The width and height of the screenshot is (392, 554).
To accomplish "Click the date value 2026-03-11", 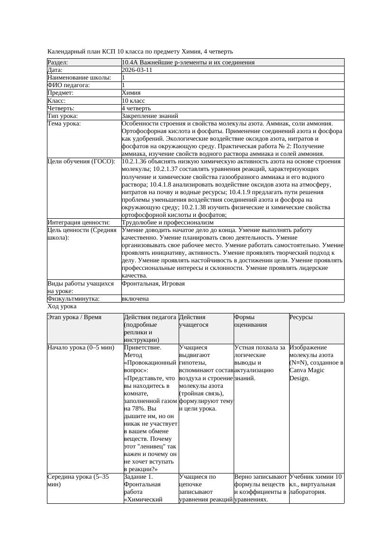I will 137,70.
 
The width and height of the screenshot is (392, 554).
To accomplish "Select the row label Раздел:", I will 58,63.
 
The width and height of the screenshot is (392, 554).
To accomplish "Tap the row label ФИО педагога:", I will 69,85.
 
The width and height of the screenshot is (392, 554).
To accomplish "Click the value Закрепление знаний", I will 150,116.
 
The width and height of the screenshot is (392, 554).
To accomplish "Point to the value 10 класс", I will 133,100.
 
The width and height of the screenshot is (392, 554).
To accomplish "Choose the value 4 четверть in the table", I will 136,108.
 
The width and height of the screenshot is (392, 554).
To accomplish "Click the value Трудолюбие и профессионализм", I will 167,222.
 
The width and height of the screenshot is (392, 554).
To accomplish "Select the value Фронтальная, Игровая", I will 153,284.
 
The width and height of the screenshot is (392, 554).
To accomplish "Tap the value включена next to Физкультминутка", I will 135,299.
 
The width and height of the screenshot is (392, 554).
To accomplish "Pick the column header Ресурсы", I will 301,317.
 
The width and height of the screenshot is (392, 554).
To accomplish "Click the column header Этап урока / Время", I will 74,317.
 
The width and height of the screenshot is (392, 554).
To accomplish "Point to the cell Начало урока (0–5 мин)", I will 81,348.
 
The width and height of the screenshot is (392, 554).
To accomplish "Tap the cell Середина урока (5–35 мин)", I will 78,481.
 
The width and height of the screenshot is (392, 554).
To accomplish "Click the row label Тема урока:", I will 64,124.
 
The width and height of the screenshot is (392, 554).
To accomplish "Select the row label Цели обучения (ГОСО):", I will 81,161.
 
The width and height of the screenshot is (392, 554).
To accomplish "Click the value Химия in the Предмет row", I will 131,93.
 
